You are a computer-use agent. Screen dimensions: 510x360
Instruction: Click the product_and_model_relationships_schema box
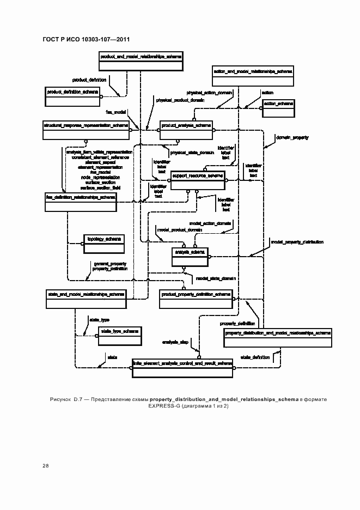[x=140, y=62]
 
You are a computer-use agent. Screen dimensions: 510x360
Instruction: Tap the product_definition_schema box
[x=72, y=97]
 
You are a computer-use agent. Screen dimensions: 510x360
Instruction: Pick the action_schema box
[x=278, y=109]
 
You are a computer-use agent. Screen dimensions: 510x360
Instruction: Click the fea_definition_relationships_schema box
[x=81, y=202]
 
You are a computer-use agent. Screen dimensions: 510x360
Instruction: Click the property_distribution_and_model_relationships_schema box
[x=278, y=338]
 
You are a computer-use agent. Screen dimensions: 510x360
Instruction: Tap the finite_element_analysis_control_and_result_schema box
[x=182, y=368]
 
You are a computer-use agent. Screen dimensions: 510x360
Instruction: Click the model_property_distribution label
[x=297, y=241]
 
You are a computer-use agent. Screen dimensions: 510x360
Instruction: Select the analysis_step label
[x=175, y=342]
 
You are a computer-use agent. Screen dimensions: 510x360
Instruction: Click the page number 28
[x=45, y=466]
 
